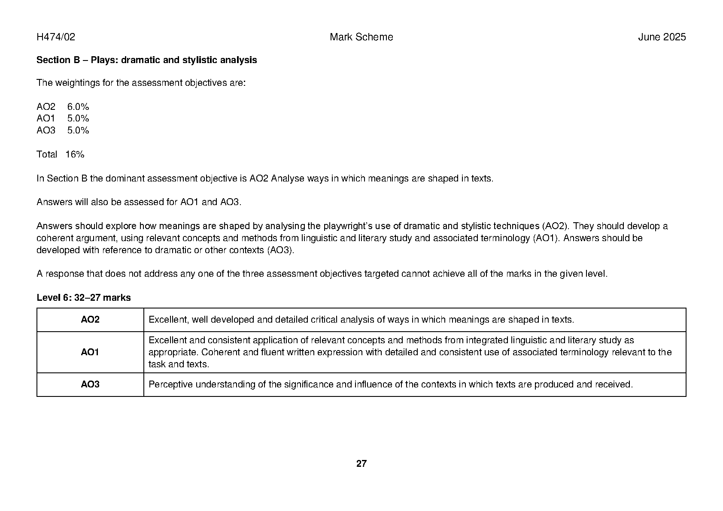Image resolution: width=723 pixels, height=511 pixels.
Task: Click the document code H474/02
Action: coord(56,37)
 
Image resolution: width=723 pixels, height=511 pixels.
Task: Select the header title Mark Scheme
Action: coord(361,37)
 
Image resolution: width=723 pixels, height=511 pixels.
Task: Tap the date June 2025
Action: coord(662,37)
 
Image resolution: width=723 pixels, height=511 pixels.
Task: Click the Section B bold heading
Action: coord(146,60)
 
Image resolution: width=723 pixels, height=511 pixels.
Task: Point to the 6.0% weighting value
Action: coord(78,107)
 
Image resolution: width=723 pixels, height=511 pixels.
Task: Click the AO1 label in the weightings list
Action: coord(46,118)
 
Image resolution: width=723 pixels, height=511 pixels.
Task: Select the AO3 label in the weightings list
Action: coord(46,130)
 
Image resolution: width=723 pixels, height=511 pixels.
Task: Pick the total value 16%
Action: coord(75,154)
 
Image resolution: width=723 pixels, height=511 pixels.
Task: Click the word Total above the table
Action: coord(47,154)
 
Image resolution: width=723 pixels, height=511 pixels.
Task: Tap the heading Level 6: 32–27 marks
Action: coord(84,298)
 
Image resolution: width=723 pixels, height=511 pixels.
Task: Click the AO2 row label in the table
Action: coord(90,320)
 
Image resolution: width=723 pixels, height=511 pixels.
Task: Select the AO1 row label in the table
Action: coord(90,352)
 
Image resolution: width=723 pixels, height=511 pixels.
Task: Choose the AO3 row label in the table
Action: coord(90,384)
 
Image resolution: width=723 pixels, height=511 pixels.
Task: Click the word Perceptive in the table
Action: coord(170,384)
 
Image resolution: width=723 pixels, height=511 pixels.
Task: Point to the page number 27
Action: coord(361,464)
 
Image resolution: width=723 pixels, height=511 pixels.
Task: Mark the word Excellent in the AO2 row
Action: coord(167,320)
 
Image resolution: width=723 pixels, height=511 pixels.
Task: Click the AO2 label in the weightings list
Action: coord(46,107)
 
